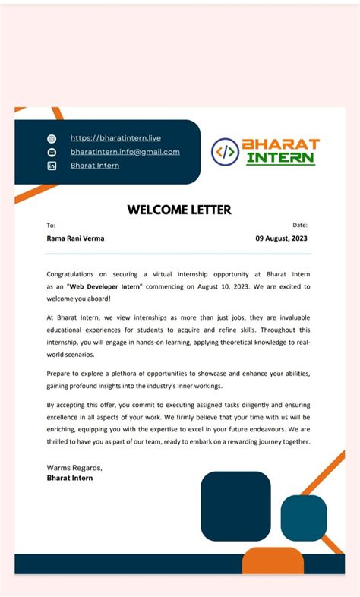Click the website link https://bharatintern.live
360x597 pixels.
coord(115,138)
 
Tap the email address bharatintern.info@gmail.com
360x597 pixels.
coord(125,152)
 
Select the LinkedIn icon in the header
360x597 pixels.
coord(52,166)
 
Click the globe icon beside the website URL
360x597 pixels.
coord(52,139)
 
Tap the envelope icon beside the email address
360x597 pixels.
coord(52,152)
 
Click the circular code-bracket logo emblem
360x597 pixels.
coord(225,152)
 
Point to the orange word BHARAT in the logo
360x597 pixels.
coord(280,144)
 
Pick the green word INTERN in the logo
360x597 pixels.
coord(280,159)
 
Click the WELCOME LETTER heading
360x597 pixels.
coord(179,210)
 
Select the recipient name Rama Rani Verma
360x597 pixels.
coord(75,238)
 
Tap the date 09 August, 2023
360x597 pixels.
coord(281,238)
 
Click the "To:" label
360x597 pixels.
coord(51,226)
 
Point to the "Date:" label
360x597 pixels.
coord(300,225)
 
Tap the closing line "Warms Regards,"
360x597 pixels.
coord(74,467)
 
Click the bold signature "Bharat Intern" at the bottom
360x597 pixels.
coord(70,478)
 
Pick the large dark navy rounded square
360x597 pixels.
coord(235,506)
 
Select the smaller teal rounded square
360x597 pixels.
coord(304,517)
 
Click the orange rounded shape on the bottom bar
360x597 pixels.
coord(273,561)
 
